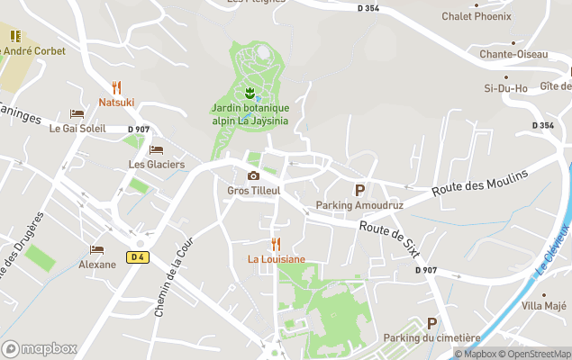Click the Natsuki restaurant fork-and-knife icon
(x=116, y=87)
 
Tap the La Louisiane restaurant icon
(x=276, y=244)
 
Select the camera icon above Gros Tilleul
(x=253, y=175)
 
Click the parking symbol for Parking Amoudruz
(x=360, y=190)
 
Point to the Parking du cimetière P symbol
(x=431, y=323)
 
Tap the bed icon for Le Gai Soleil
(x=77, y=113)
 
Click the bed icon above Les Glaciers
(x=156, y=149)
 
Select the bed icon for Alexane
(x=96, y=249)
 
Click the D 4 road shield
(x=137, y=256)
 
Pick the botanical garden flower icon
(x=250, y=93)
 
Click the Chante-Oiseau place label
(x=513, y=54)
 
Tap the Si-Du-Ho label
(x=507, y=88)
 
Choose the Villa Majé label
(x=544, y=306)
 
